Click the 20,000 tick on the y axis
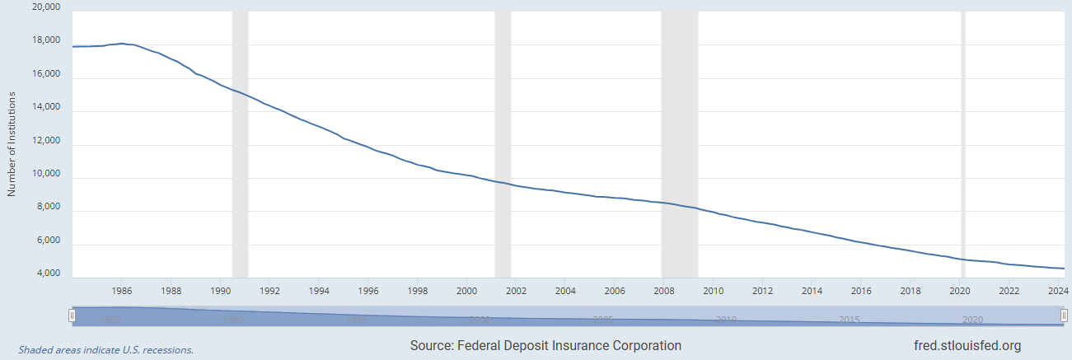[46, 7]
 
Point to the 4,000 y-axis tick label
[46, 274]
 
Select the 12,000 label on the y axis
[46, 141]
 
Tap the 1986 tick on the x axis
[122, 290]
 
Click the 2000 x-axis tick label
[466, 290]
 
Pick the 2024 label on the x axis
[1058, 290]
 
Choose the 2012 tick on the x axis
[762, 290]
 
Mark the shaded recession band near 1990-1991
[240, 145]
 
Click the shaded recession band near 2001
[503, 145]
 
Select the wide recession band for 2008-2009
[680, 145]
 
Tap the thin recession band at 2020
[962, 145]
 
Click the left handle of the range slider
[73, 316]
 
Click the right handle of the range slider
[1065, 316]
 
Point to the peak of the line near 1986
[122, 44]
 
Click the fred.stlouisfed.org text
[962, 346]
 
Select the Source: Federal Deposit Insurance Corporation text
[545, 346]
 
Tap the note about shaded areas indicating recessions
[106, 349]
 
